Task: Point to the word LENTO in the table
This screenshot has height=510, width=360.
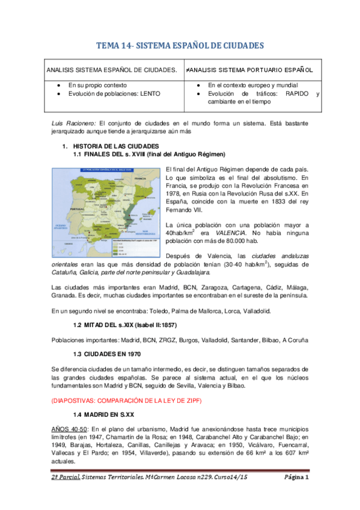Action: [151, 94]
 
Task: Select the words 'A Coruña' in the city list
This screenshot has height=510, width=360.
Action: [296, 340]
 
